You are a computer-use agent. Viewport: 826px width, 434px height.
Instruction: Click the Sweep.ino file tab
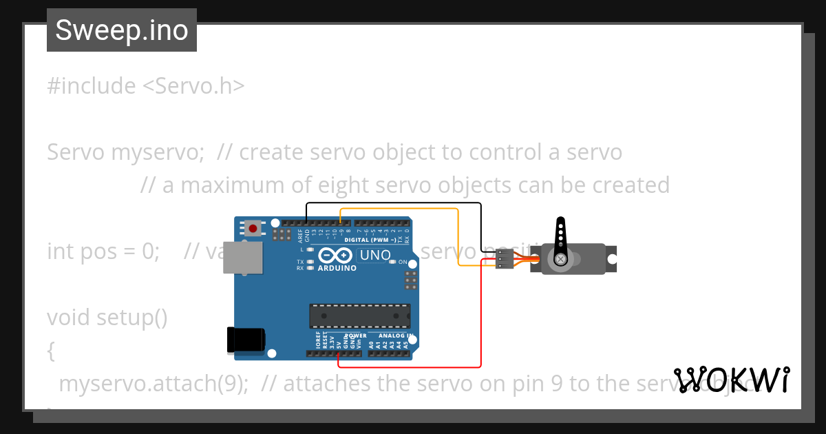(122, 30)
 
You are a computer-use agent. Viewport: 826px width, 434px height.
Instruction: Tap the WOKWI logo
(732, 380)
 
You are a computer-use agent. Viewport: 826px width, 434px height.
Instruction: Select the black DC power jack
(246, 339)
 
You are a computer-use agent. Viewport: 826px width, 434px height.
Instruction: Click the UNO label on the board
(375, 256)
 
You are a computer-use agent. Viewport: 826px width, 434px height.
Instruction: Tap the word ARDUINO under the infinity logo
(337, 268)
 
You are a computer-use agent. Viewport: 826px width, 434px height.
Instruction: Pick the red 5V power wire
(413, 367)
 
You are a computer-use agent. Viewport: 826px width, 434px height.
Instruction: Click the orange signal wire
(399, 208)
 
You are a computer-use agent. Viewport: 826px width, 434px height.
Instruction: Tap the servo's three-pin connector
(504, 259)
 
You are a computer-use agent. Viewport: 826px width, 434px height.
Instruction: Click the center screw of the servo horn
(562, 259)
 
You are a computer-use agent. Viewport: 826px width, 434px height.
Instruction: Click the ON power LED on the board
(392, 262)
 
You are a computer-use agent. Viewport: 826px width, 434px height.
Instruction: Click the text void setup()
(107, 318)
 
